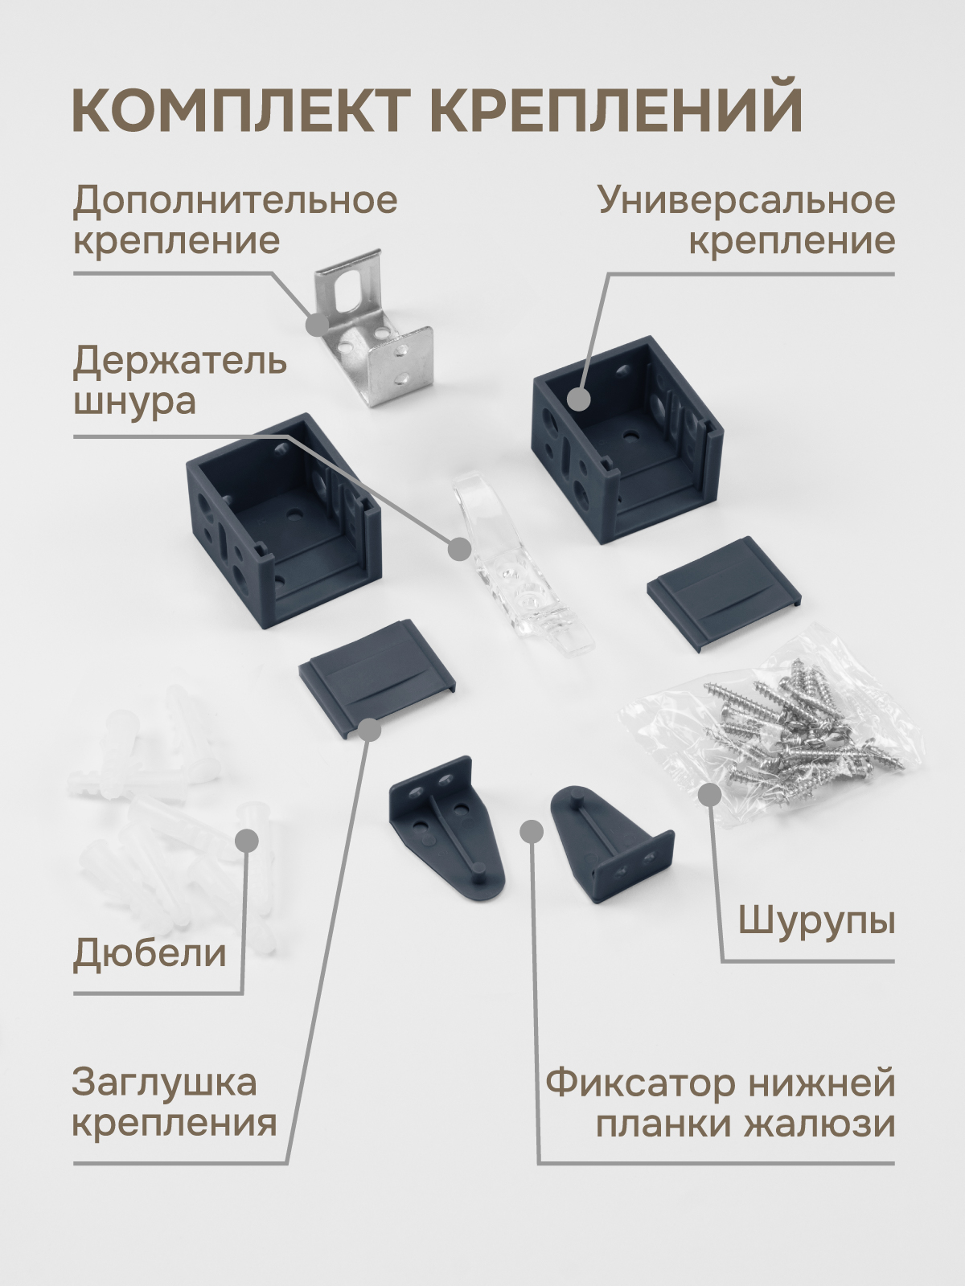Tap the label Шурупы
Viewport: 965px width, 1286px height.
[x=816, y=922]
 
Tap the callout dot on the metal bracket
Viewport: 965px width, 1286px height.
[x=318, y=324]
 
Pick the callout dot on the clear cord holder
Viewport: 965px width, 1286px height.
[x=459, y=549]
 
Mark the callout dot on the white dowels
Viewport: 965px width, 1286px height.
[x=247, y=840]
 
